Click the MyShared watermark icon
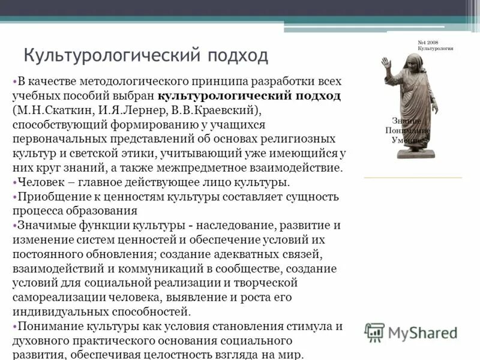click(x=375, y=332)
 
